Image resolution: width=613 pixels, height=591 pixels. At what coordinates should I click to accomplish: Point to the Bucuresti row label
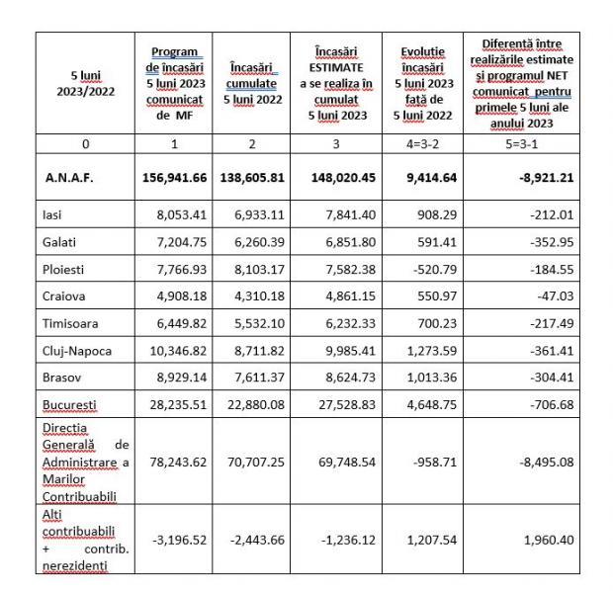pos(67,406)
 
